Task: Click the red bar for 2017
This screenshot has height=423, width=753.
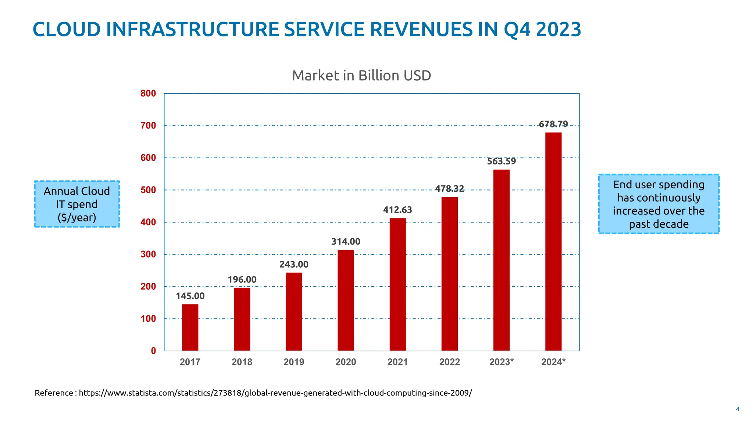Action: [190, 327]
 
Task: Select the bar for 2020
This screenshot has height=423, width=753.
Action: [346, 300]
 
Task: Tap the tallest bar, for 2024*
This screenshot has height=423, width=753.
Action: [553, 241]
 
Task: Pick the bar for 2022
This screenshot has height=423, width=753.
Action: [450, 274]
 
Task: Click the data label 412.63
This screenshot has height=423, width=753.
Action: [397, 210]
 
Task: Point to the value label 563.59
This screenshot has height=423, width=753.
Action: [502, 161]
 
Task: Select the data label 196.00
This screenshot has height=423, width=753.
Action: [242, 279]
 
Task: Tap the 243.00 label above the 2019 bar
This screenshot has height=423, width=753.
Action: [294, 264]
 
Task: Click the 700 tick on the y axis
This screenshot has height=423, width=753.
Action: [148, 126]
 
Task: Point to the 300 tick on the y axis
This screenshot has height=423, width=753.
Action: [148, 254]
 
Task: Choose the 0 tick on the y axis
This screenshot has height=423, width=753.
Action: [153, 351]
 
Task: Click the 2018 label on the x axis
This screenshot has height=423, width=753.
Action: [242, 362]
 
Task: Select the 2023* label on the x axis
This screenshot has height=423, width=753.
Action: [502, 362]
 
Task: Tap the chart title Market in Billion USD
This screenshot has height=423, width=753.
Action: [361, 76]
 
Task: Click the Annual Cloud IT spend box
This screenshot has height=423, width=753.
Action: [77, 204]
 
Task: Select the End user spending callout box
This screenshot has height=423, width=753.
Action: [659, 204]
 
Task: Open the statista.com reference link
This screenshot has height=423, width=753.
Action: [275, 393]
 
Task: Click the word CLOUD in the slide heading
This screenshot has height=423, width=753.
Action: [67, 29]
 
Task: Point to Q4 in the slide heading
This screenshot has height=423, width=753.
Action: [517, 29]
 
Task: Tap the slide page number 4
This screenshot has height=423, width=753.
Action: [737, 409]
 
